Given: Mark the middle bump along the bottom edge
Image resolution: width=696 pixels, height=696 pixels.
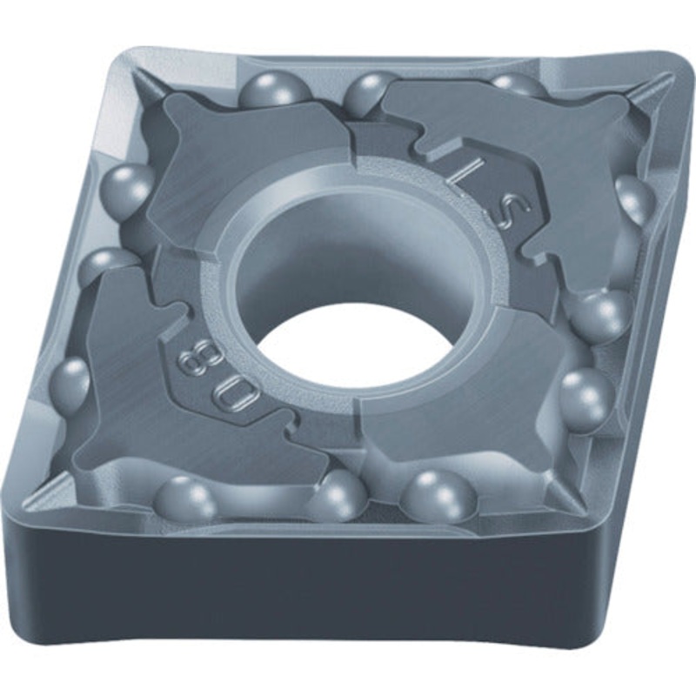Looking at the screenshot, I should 338,497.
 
